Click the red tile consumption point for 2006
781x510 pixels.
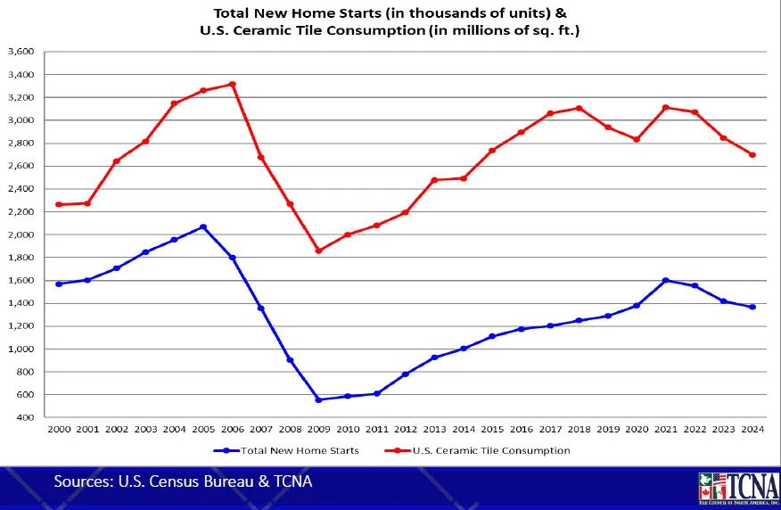coord(232,84)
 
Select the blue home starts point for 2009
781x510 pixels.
coord(318,399)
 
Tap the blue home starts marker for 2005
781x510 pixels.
coord(203,226)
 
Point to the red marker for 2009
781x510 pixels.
coord(318,251)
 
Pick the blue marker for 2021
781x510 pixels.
coord(665,280)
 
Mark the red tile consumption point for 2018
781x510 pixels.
coord(579,108)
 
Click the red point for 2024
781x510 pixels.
coord(752,154)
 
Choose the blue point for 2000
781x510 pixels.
coord(59,284)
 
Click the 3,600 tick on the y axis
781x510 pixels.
coord(20,52)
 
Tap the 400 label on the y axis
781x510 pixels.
coord(25,417)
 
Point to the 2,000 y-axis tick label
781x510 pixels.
coord(20,234)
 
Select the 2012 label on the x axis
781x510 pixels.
coord(406,430)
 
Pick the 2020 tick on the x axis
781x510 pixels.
coord(637,430)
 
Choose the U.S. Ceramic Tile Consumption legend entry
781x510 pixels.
coord(491,450)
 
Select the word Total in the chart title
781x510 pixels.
coord(234,12)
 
